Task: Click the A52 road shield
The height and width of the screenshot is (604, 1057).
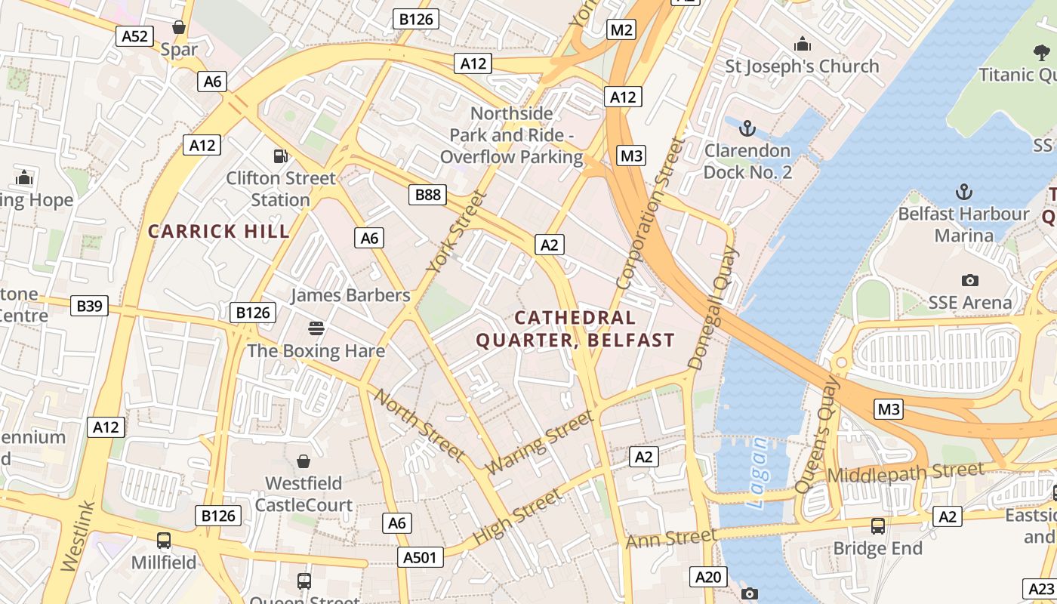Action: point(134,35)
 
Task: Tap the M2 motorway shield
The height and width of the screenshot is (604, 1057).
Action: point(621,29)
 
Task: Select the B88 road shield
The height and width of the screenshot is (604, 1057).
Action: point(427,195)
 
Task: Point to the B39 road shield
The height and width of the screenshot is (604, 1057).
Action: point(89,306)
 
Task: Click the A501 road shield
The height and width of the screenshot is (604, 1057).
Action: point(419,557)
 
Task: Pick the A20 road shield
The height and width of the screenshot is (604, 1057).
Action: point(708,578)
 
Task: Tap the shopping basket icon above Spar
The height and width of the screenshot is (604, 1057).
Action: point(179,28)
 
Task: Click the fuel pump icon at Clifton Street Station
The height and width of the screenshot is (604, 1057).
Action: point(280,156)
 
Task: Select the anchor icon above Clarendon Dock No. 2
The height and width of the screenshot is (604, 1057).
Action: point(747,128)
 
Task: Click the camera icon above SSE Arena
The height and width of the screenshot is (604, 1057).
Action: point(970,280)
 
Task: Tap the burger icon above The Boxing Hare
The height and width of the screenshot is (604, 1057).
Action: point(316,328)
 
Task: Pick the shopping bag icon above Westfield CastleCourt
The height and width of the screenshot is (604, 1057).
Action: point(304,461)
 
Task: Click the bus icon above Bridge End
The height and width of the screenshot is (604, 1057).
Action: point(877,525)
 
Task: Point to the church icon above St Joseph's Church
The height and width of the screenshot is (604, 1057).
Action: point(802,45)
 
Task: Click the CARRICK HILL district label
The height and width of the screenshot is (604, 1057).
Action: point(219,232)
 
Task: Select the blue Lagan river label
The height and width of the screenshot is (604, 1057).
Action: point(758,472)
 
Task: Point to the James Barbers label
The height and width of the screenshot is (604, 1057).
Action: point(350,295)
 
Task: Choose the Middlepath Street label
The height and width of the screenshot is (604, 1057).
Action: point(906,473)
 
